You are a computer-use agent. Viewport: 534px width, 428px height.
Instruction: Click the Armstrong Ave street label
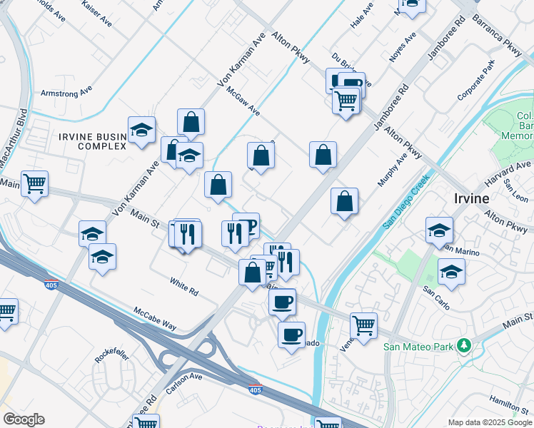click(66, 91)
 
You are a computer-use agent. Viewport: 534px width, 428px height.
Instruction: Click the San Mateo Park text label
click(419, 347)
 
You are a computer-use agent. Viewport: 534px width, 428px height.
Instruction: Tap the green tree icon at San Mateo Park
click(465, 346)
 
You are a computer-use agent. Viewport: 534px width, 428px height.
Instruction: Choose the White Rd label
click(183, 286)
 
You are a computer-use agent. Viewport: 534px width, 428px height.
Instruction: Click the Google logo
click(24, 419)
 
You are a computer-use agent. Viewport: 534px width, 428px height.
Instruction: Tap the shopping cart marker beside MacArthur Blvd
click(34, 183)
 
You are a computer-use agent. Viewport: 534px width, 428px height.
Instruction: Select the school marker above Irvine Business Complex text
click(141, 129)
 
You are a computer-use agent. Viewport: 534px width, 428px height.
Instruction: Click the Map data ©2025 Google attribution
click(489, 422)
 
